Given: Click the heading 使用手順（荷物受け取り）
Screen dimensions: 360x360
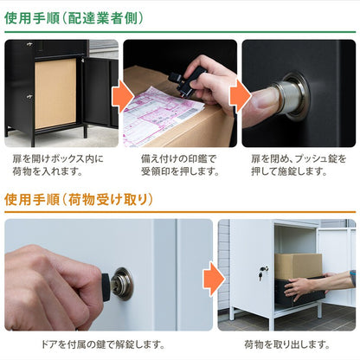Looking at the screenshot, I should [79, 200].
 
